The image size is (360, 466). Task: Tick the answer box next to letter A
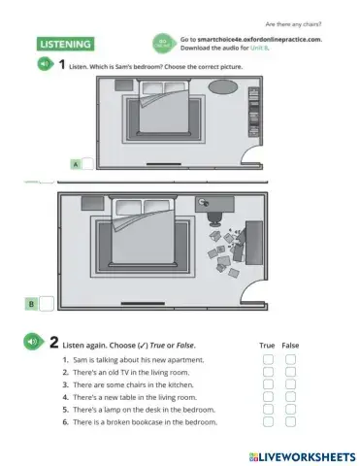click(87, 164)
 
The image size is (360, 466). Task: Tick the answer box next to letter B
click(46, 305)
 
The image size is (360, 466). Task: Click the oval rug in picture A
click(222, 86)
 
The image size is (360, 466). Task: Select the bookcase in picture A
click(254, 108)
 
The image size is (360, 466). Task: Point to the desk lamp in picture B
click(213, 204)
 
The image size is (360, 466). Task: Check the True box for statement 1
click(268, 359)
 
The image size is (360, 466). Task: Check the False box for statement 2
click(290, 372)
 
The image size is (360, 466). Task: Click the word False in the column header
click(290, 345)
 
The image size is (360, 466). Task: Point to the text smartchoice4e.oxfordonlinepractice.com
click(262, 39)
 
